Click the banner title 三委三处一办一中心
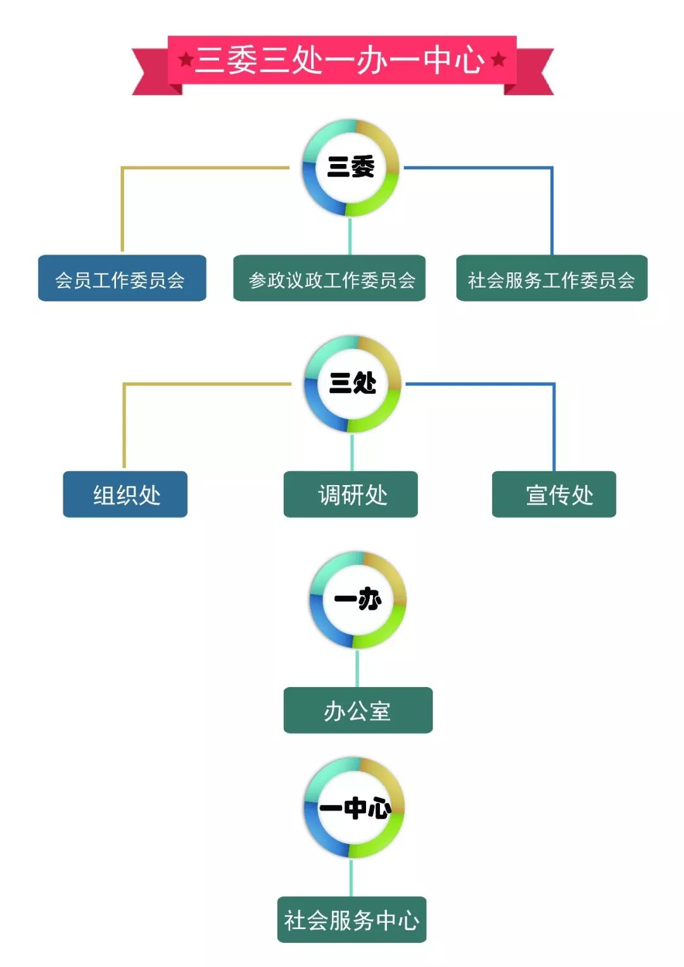339,60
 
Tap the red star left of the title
186,60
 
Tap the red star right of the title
498,60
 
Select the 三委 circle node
351,168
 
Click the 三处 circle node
353,384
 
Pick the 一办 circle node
358,600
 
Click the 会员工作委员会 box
122,279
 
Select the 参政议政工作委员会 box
329,279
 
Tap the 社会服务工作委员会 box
552,279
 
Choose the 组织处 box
125,495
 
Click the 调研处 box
351,495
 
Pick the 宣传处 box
554,495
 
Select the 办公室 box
358,711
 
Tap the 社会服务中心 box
351,920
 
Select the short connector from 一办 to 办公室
357,668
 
